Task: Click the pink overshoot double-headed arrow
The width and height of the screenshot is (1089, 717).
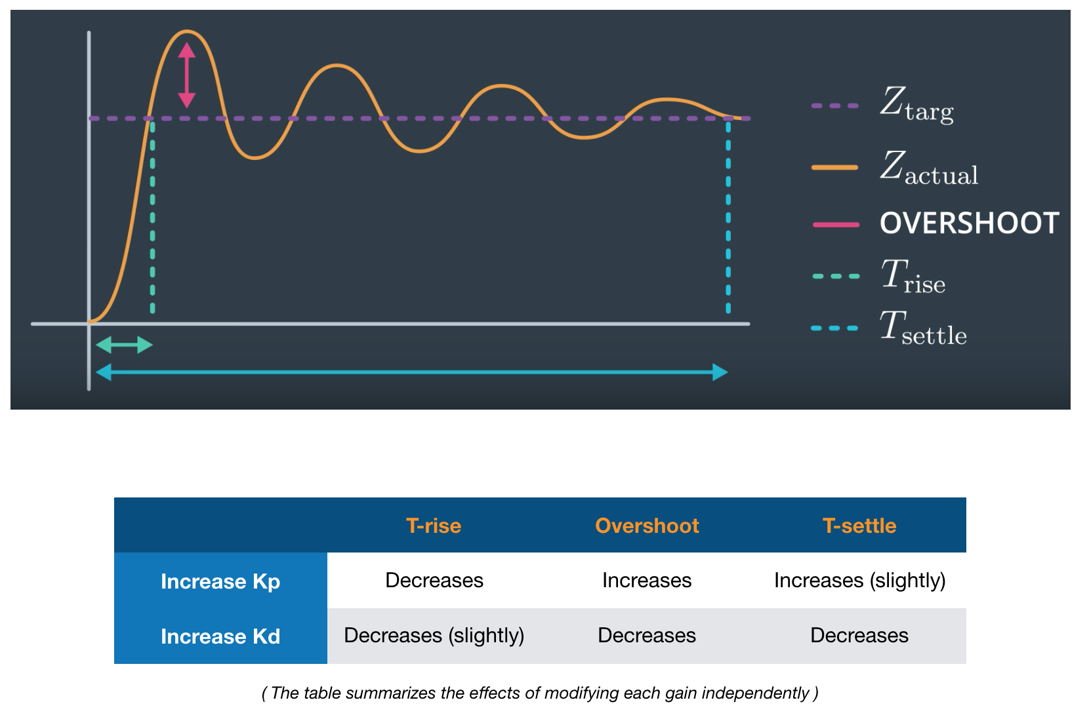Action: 187,75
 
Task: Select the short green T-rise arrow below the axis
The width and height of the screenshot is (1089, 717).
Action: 125,345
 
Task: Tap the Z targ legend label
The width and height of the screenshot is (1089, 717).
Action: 917,104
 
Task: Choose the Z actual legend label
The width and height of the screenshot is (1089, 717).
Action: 929,168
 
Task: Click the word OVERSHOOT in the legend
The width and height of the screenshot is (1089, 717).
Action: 970,223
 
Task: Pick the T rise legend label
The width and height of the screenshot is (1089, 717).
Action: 913,276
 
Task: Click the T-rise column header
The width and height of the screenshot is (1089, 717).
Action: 434,526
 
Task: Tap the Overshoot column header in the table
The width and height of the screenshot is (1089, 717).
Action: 647,526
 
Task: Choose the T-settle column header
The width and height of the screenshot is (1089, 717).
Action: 859,526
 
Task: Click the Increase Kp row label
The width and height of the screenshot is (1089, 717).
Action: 220,581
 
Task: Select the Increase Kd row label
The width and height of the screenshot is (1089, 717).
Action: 220,636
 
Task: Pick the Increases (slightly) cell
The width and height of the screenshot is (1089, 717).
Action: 859,581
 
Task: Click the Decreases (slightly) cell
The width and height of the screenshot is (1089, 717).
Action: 434,635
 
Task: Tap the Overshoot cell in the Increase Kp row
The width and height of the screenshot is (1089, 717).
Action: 647,581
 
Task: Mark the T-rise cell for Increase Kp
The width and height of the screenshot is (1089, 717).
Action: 434,581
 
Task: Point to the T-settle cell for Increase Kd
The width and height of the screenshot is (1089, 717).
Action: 859,635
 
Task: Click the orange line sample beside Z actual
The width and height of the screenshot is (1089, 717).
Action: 834,168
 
